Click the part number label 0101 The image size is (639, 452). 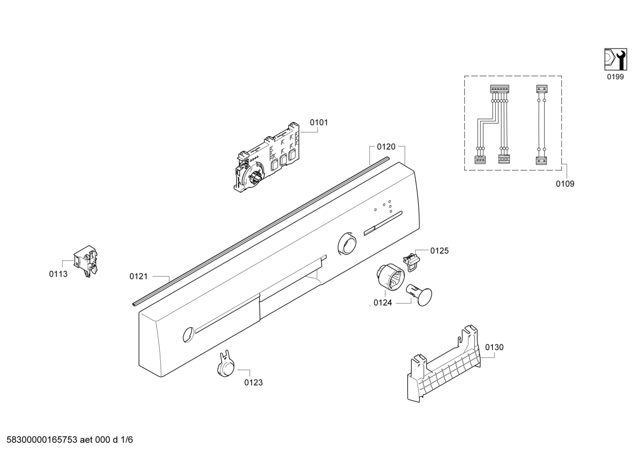tap(319, 122)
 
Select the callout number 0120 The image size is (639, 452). tap(386, 146)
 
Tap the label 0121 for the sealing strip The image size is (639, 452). tap(138, 276)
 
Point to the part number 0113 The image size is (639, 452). tap(58, 274)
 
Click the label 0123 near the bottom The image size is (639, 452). tap(253, 382)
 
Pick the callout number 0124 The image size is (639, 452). tap(382, 303)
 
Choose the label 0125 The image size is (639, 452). tap(439, 251)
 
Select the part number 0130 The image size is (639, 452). tap(494, 347)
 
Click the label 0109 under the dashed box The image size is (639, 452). tap(565, 184)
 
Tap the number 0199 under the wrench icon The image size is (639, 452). tap(615, 77)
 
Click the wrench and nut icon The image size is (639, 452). tap(615, 59)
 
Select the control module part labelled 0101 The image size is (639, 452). tap(266, 160)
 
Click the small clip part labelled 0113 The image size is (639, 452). tap(87, 262)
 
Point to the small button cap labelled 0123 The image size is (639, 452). tap(226, 365)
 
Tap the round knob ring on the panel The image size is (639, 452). tap(346, 244)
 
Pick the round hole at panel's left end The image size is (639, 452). tap(188, 334)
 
